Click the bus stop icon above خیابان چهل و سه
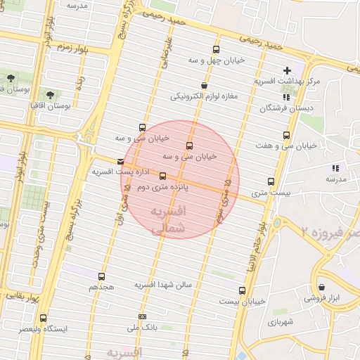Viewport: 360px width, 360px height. coord(215,50)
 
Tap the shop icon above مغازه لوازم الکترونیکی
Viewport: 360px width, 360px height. coord(204,85)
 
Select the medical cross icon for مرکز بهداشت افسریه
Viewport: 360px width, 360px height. coord(286,70)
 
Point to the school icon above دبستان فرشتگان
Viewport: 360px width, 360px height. coord(285,98)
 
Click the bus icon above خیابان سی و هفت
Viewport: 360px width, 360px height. coord(285,135)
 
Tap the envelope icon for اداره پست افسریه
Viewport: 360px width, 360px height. coord(122,163)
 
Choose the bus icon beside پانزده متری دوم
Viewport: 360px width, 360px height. coord(163,176)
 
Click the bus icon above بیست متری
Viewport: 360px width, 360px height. coord(271,181)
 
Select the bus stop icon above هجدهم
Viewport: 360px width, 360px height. coord(102,276)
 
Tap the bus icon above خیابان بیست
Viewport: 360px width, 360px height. coord(243,290)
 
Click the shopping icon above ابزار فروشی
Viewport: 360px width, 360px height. coord(322,287)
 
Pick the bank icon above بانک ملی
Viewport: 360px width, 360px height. coord(142,316)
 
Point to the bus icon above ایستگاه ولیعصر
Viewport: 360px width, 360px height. coord(44,318)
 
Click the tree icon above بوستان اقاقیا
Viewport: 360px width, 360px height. coord(49,94)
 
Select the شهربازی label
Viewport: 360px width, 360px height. coord(278,321)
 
